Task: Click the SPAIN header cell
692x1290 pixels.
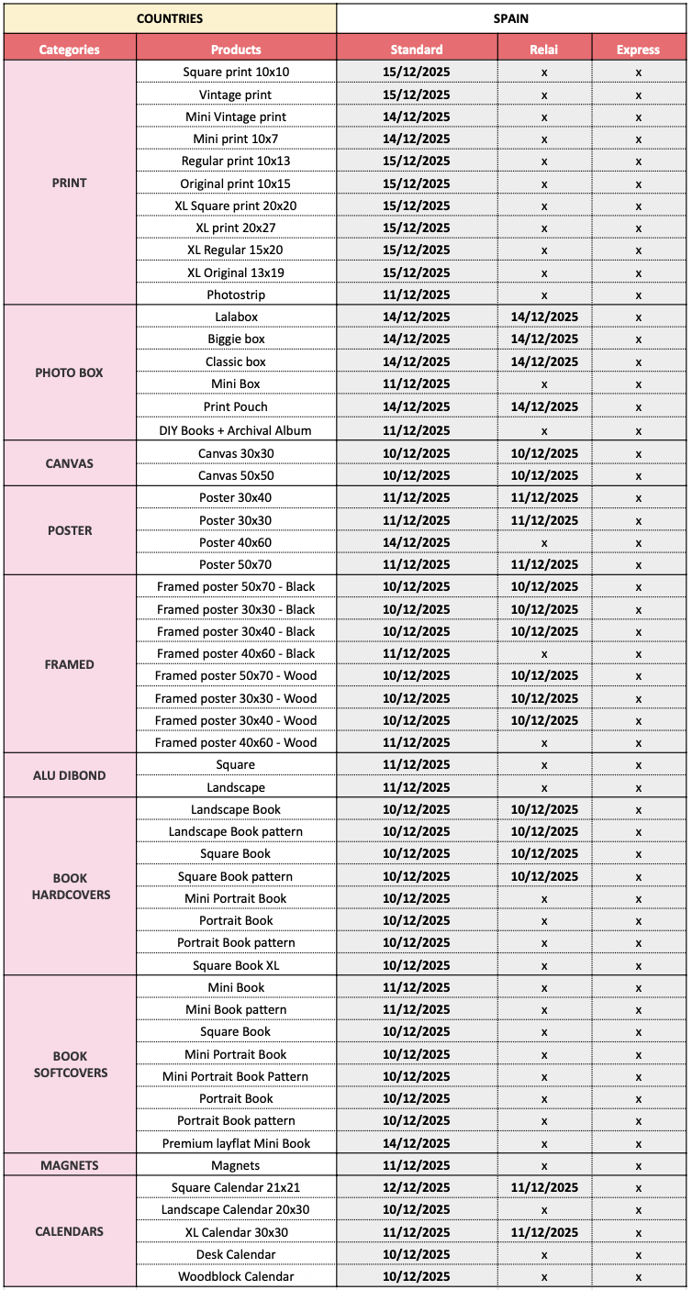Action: coord(510,18)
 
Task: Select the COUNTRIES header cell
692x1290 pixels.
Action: coord(170,18)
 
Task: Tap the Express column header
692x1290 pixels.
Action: coord(638,50)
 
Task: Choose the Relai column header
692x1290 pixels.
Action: coord(544,50)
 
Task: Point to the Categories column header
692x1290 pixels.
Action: coord(70,50)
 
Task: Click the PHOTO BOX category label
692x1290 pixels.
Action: coord(70,373)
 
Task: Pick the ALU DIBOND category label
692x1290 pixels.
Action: coord(70,775)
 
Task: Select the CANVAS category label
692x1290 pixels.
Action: coord(70,463)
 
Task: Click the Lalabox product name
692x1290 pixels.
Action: coord(236,317)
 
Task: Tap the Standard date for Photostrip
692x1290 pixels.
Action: coord(417,295)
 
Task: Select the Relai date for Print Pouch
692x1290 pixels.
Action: coord(544,406)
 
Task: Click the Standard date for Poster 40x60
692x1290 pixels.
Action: coord(417,542)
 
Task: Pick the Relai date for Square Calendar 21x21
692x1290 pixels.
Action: coord(544,1187)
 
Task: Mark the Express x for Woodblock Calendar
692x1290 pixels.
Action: coord(638,1276)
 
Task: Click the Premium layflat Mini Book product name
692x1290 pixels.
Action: coord(236,1143)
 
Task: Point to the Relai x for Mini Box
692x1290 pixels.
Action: coord(544,384)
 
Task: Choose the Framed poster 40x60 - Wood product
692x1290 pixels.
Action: coord(236,742)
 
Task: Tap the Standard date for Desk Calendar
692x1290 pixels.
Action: coord(417,1254)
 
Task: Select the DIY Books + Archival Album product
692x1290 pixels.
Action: coord(236,430)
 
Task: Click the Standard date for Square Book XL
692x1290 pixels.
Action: coord(417,965)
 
